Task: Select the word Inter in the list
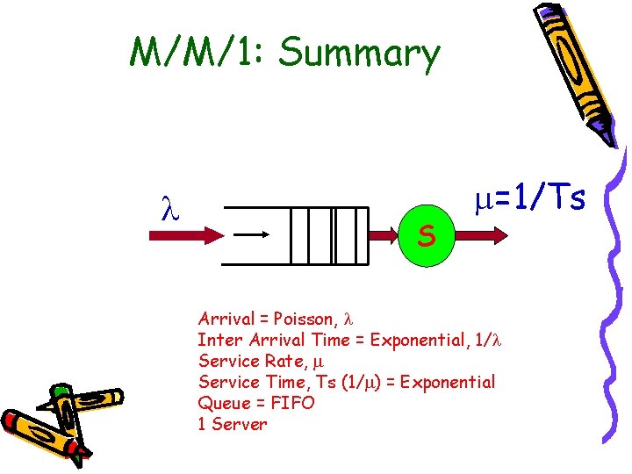[216, 340]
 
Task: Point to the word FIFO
[294, 403]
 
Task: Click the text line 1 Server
[233, 424]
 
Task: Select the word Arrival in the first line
[226, 318]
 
